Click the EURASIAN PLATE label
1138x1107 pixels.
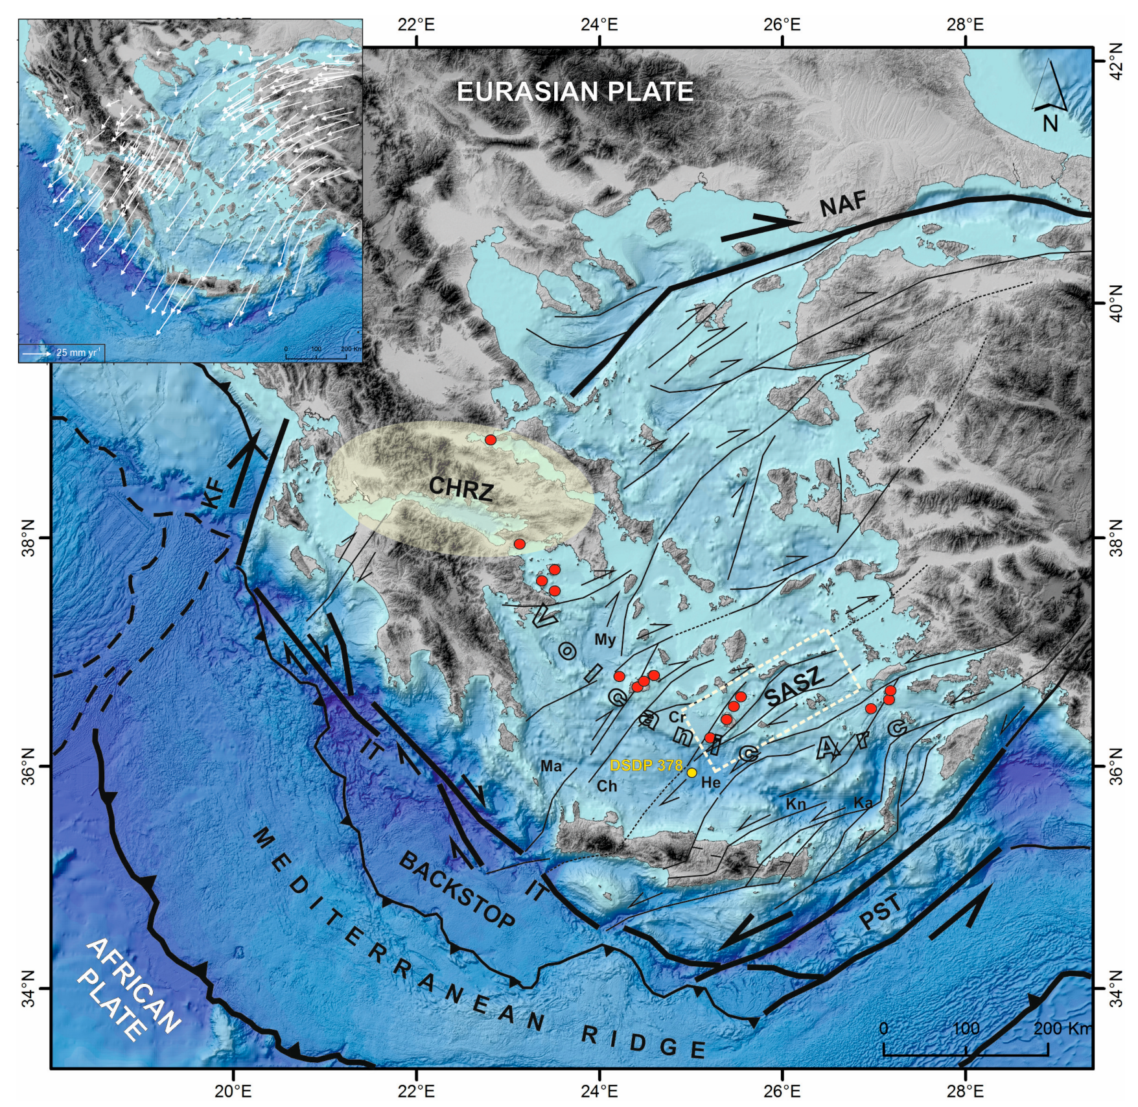[x=575, y=92]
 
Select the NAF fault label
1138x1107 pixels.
[x=843, y=205]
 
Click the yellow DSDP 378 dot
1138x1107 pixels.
[x=691, y=773]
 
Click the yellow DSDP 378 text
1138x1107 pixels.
[x=646, y=765]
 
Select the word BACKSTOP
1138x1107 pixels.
[x=458, y=890]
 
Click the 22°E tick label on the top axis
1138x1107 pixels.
[x=416, y=25]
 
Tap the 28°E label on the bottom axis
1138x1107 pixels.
[x=965, y=1091]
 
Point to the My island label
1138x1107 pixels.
[x=605, y=640]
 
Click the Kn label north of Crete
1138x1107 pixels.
[x=796, y=804]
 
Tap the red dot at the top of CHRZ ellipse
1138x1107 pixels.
[x=491, y=440]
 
